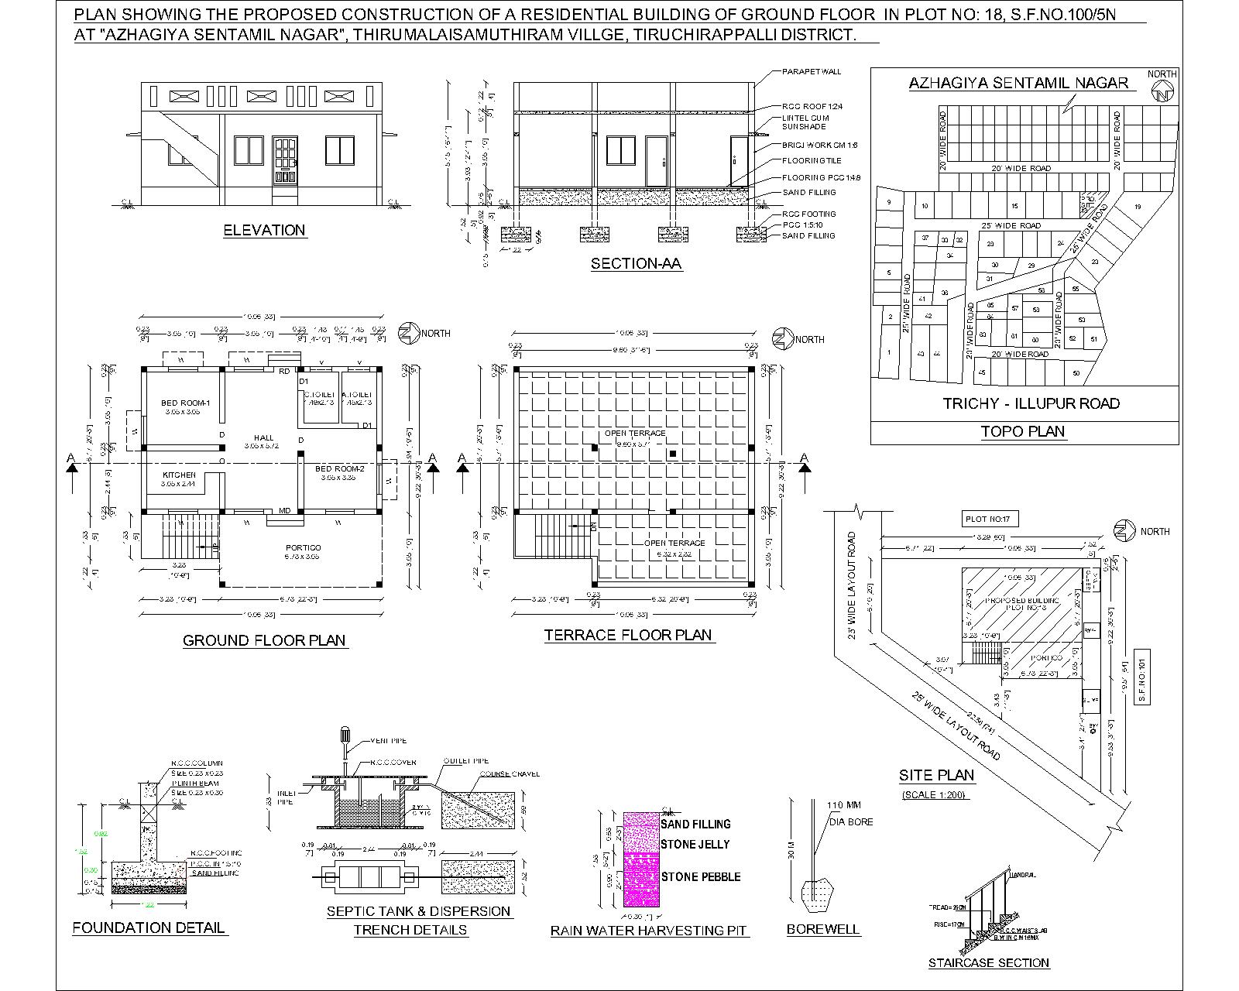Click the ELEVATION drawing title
click(264, 230)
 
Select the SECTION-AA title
click(636, 264)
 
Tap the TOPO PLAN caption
click(1022, 431)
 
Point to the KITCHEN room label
click(179, 475)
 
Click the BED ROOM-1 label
click(186, 403)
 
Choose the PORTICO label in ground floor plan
click(303, 547)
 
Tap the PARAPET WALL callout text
click(811, 72)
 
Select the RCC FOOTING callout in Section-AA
click(808, 214)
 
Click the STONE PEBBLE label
click(700, 876)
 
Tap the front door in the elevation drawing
click(284, 159)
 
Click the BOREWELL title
click(822, 929)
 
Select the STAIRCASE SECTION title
click(989, 963)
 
